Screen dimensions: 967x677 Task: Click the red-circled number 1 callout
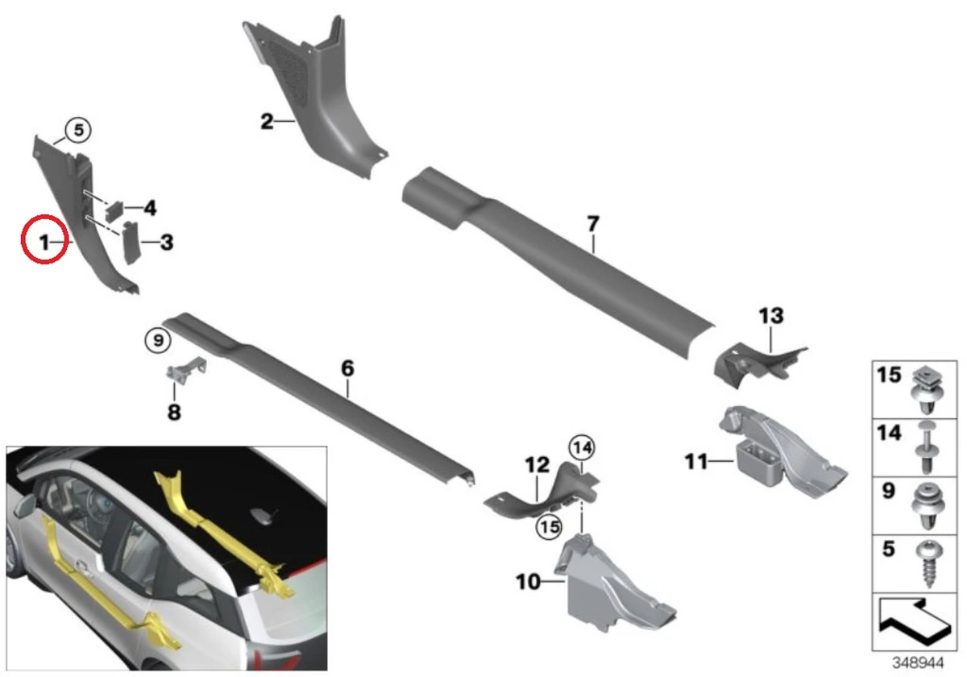pos(45,239)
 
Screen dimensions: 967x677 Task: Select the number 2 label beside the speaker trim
pos(267,122)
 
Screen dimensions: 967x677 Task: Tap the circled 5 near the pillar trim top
pos(78,130)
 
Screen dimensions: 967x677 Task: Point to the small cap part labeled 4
pos(114,210)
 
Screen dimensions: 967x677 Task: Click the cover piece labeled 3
pos(131,243)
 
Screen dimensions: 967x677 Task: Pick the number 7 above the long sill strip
pos(593,224)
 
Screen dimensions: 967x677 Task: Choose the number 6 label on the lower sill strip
pos(347,368)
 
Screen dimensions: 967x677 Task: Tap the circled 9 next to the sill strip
pos(158,341)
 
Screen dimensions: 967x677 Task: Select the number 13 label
pos(771,316)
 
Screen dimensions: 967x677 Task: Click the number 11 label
pos(696,462)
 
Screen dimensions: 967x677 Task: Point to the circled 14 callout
pos(582,448)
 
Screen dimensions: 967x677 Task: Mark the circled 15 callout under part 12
pos(549,527)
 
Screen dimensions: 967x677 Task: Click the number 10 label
pos(529,582)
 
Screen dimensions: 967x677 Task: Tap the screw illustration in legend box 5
pos(928,565)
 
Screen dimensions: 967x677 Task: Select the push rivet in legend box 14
pos(927,448)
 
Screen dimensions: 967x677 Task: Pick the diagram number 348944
pos(918,662)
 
